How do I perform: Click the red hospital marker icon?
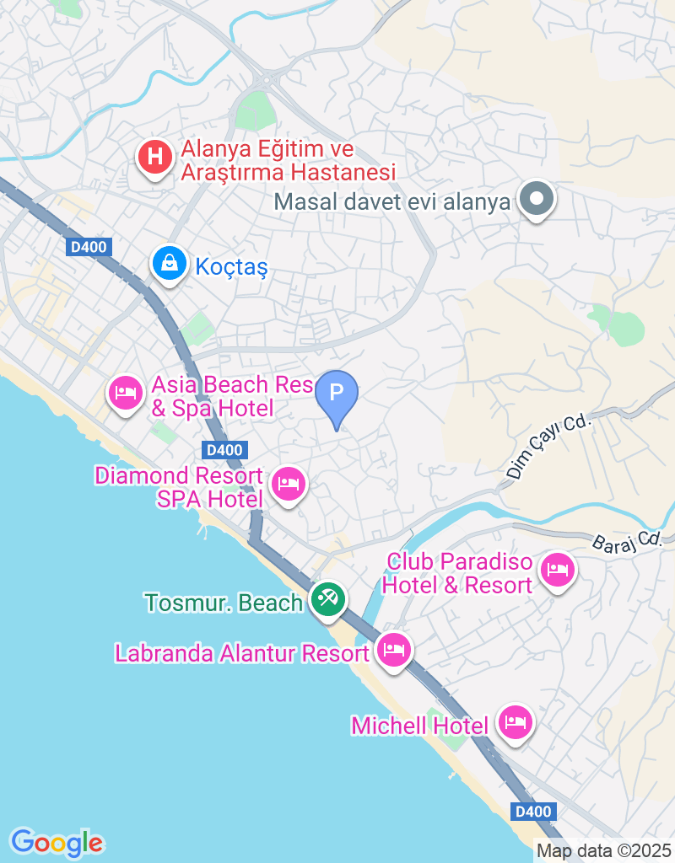tap(154, 157)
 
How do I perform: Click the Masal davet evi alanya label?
tap(392, 202)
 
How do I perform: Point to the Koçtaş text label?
tap(231, 268)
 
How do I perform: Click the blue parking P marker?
tap(337, 393)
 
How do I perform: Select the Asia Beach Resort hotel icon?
tap(126, 392)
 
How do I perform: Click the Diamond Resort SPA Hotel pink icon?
tap(289, 484)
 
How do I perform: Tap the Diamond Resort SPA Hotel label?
tap(179, 488)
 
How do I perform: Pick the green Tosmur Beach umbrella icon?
tap(327, 600)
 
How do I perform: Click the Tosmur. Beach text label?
tap(224, 603)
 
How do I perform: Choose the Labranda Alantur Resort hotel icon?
tap(393, 650)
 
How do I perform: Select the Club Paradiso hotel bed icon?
tap(558, 571)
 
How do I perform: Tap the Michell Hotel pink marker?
tap(514, 722)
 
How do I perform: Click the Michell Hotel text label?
tap(419, 725)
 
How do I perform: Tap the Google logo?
tap(57, 842)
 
